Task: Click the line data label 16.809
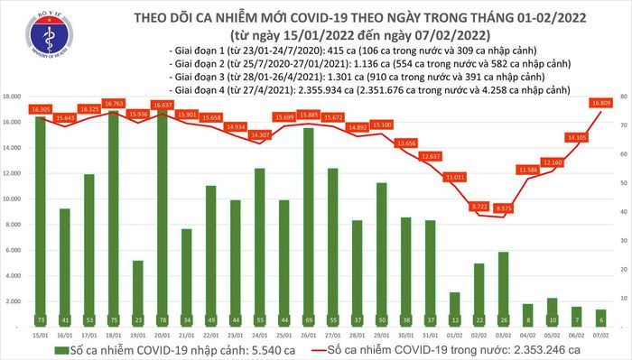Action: click(x=602, y=103)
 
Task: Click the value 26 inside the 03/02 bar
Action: click(x=504, y=320)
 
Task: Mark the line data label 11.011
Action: click(x=454, y=178)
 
